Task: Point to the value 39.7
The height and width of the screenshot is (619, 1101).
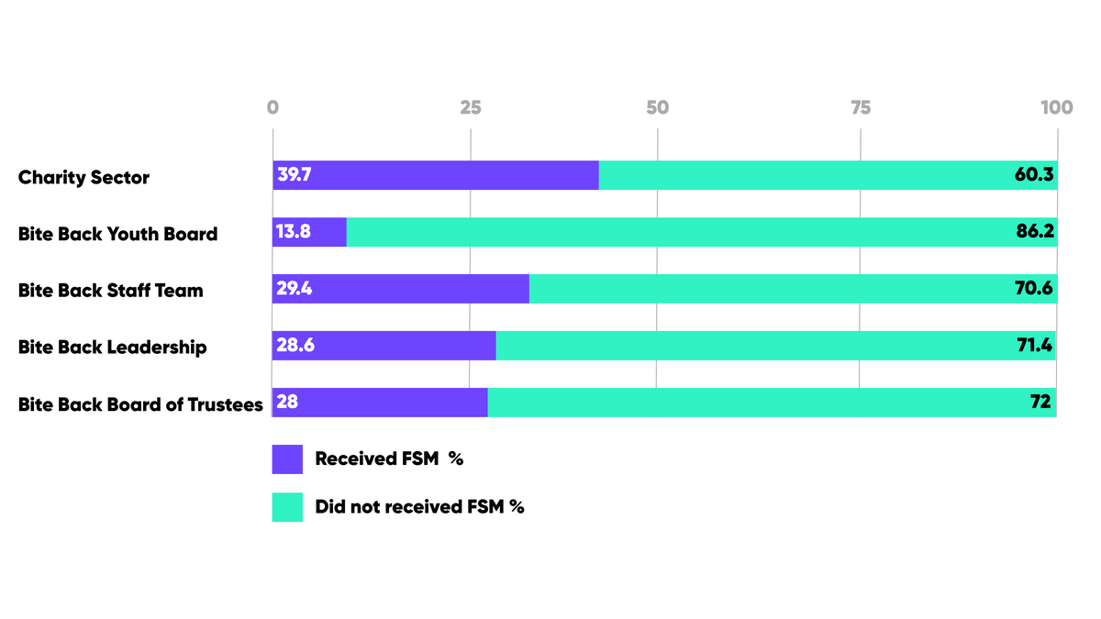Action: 295,175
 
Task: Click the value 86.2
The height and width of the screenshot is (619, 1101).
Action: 1034,232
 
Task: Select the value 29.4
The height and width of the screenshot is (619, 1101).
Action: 295,289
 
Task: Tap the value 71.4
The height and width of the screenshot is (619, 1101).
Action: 1035,346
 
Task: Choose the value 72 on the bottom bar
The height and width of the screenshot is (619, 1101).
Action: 1040,403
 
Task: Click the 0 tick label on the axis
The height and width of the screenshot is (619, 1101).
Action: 272,107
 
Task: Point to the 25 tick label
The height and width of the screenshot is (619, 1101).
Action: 471,107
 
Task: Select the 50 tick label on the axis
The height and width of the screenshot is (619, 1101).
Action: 657,107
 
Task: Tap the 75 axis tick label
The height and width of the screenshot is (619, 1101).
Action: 860,107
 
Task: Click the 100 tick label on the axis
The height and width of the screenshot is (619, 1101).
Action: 1056,107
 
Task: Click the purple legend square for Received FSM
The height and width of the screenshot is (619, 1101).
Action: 287,459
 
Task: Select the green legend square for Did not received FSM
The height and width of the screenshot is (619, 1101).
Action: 287,507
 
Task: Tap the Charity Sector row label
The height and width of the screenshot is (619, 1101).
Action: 83,178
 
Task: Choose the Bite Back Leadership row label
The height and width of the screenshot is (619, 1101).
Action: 113,348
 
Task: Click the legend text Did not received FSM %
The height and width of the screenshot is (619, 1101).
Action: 419,507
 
